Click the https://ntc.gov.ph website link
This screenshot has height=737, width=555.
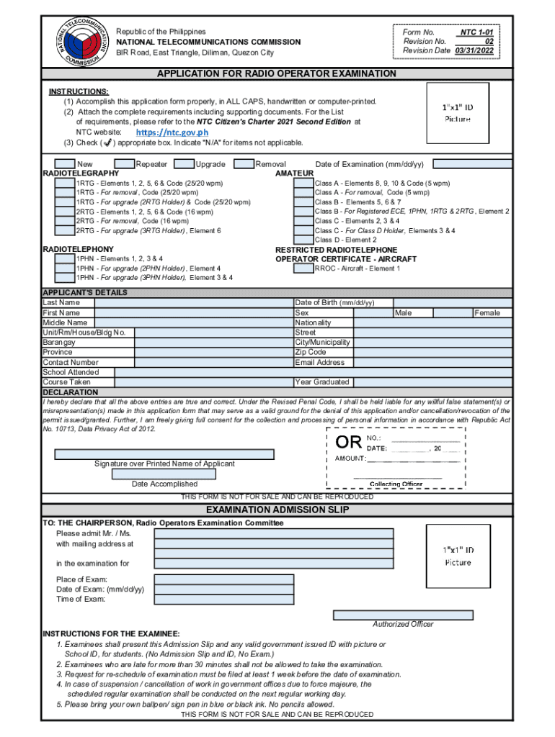(172, 132)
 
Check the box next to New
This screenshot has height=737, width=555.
(65, 164)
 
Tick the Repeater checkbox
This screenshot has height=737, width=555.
(124, 164)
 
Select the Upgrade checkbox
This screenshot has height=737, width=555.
(185, 164)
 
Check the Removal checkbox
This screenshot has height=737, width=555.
(244, 164)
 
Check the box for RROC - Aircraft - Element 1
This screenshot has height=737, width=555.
(303, 268)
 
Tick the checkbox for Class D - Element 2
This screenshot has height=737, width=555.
(303, 240)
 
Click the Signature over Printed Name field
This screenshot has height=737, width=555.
(164, 454)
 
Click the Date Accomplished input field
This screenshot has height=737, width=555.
(164, 474)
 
